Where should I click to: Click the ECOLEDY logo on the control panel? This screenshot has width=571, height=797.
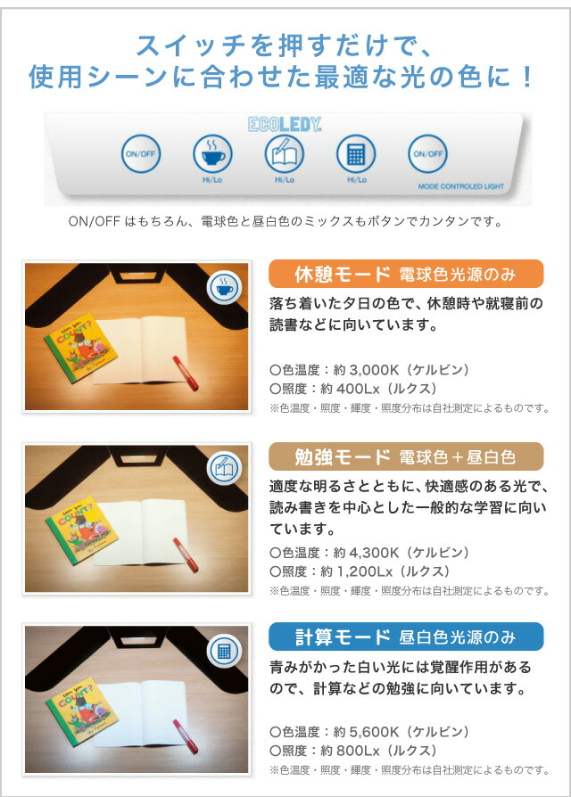[285, 124]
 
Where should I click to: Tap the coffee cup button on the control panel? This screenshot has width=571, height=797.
[212, 153]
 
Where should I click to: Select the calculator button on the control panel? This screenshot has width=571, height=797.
[356, 153]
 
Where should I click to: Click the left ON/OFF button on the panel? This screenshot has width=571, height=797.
[141, 153]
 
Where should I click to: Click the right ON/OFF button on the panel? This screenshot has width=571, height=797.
[427, 153]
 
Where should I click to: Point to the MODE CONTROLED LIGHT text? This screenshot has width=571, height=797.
[460, 186]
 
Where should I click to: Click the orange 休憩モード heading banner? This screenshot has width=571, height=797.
[406, 274]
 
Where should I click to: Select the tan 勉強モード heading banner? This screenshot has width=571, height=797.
[406, 456]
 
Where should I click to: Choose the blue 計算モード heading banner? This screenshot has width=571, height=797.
[406, 637]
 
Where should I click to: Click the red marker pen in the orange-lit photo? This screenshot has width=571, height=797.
[185, 373]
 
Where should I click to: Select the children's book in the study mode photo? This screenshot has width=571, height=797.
[81, 530]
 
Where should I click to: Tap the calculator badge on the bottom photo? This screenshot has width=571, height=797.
[224, 651]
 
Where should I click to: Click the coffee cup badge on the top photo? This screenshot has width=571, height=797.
[224, 288]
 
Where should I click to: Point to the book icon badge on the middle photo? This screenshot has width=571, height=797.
[224, 468]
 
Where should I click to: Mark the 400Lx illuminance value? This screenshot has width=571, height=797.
[358, 389]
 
